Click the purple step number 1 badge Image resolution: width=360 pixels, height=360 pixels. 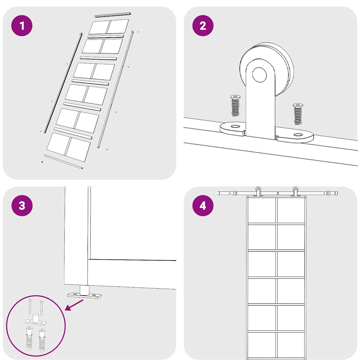(22, 25)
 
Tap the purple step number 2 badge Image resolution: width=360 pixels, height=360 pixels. (203, 25)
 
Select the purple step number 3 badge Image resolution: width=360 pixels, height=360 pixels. (22, 205)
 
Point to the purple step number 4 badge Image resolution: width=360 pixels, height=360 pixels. (203, 205)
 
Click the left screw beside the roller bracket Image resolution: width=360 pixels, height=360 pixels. (235, 106)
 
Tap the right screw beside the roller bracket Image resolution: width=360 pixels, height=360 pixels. (298, 114)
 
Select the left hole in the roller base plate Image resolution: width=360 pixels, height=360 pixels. (235, 127)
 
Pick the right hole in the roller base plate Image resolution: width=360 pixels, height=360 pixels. (298, 135)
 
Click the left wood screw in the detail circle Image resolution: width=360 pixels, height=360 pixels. (30, 307)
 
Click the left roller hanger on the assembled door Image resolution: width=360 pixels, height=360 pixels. (258, 192)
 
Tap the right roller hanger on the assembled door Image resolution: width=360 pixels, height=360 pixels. (295, 192)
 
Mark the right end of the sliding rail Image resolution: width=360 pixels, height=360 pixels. (337, 193)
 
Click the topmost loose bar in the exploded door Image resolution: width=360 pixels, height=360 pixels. (113, 14)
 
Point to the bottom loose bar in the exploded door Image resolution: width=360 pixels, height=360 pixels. (64, 162)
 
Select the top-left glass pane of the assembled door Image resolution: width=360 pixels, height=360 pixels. (262, 210)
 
